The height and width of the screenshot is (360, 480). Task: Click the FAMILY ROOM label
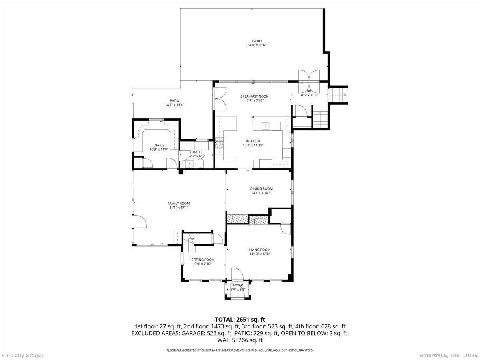click(178, 204)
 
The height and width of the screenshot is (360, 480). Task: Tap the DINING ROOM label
click(261, 189)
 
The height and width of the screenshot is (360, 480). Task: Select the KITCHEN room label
click(253, 141)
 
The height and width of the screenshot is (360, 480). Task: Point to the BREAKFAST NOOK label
click(254, 96)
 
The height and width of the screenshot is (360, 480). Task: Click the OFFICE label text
click(159, 145)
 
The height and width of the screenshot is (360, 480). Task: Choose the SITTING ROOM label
click(203, 260)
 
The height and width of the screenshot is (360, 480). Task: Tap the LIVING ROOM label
click(260, 250)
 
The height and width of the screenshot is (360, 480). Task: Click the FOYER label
click(238, 285)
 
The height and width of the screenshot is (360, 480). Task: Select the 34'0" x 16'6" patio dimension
click(257, 45)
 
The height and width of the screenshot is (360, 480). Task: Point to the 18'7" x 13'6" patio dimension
click(174, 105)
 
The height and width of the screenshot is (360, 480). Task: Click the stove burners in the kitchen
click(219, 143)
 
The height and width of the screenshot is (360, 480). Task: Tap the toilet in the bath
click(200, 164)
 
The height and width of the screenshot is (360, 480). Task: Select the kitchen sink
click(266, 126)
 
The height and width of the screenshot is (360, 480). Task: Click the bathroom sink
click(189, 164)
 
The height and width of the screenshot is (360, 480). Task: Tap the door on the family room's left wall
click(140, 222)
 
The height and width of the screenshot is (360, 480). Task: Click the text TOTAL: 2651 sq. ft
click(240, 320)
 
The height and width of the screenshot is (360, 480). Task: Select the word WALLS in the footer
click(226, 340)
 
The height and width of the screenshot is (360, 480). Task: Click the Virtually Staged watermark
click(23, 356)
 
